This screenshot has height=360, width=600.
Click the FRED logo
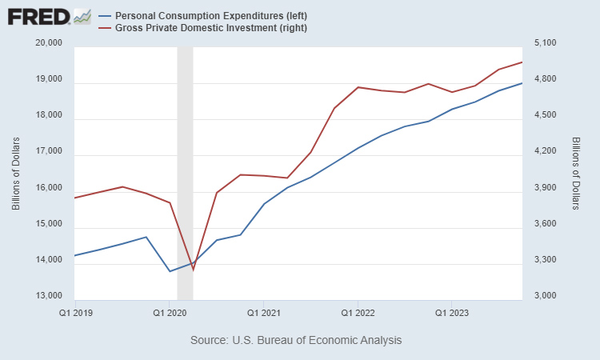tap(48, 16)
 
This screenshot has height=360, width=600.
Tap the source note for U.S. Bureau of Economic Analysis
tap(296, 340)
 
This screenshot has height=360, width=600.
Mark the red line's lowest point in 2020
tap(193, 270)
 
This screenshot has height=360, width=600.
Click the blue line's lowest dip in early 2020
tap(170, 271)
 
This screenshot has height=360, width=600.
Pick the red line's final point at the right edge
tap(522, 62)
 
